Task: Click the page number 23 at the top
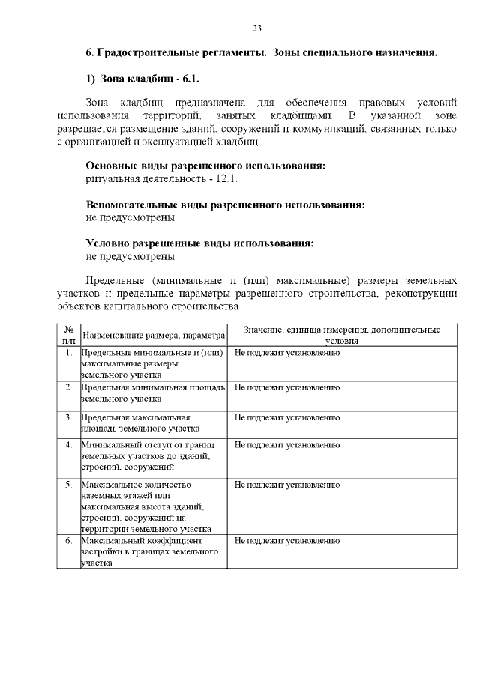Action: (256, 28)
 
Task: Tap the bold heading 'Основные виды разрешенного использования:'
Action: (205, 166)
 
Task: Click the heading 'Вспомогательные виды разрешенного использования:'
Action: (225, 205)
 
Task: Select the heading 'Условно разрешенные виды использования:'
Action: (199, 243)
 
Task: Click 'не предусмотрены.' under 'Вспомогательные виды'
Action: (132, 218)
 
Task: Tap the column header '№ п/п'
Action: (68, 334)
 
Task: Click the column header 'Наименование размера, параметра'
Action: (153, 335)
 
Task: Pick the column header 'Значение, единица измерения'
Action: (343, 334)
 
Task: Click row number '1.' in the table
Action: (68, 351)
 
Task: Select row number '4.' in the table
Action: (68, 445)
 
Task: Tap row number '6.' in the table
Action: (68, 541)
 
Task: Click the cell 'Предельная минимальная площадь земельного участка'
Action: (153, 393)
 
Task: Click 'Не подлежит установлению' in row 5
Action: (287, 485)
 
